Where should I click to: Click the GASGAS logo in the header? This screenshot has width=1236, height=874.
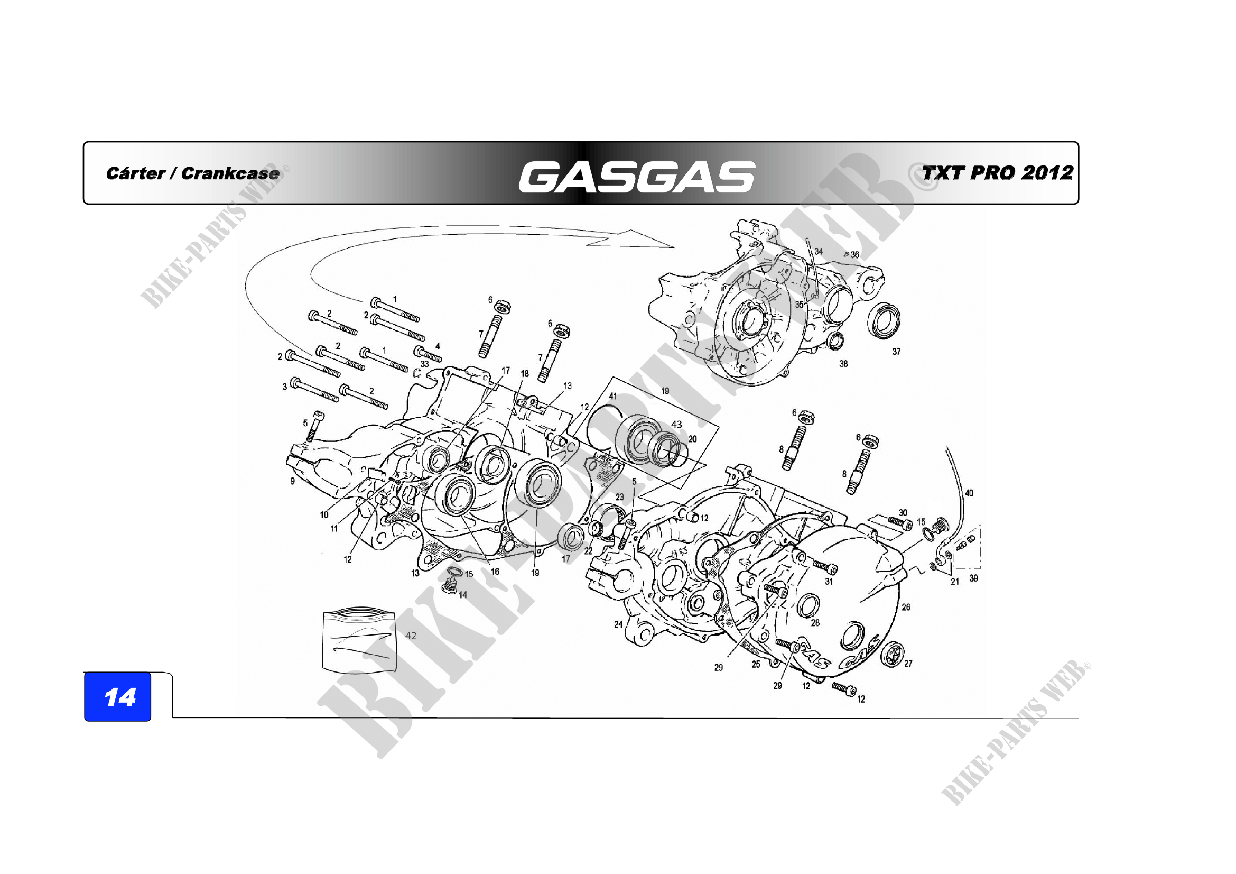[x=637, y=177]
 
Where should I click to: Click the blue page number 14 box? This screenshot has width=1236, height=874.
[x=117, y=696]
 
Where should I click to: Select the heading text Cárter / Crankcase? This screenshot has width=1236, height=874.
[x=193, y=173]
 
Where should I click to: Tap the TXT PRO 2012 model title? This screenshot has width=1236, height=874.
[x=998, y=173]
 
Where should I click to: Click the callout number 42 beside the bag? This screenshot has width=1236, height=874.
[x=411, y=636]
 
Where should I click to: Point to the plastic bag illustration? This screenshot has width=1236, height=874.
[x=359, y=640]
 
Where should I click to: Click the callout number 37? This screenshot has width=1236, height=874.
[x=896, y=352]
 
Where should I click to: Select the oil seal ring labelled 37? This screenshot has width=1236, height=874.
[x=884, y=321]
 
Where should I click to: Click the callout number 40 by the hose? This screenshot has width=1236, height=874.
[x=969, y=493]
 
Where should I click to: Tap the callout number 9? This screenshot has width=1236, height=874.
[x=292, y=481]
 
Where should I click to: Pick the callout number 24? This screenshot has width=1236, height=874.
[x=618, y=624]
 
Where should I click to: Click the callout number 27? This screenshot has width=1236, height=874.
[x=908, y=664]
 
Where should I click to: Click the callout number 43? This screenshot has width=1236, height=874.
[x=677, y=425]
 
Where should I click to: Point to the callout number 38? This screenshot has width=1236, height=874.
[x=843, y=363]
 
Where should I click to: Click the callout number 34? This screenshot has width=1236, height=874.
[x=818, y=252]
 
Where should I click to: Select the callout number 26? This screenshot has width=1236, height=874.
[x=906, y=607]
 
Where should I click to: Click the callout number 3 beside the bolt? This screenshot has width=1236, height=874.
[x=285, y=387]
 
